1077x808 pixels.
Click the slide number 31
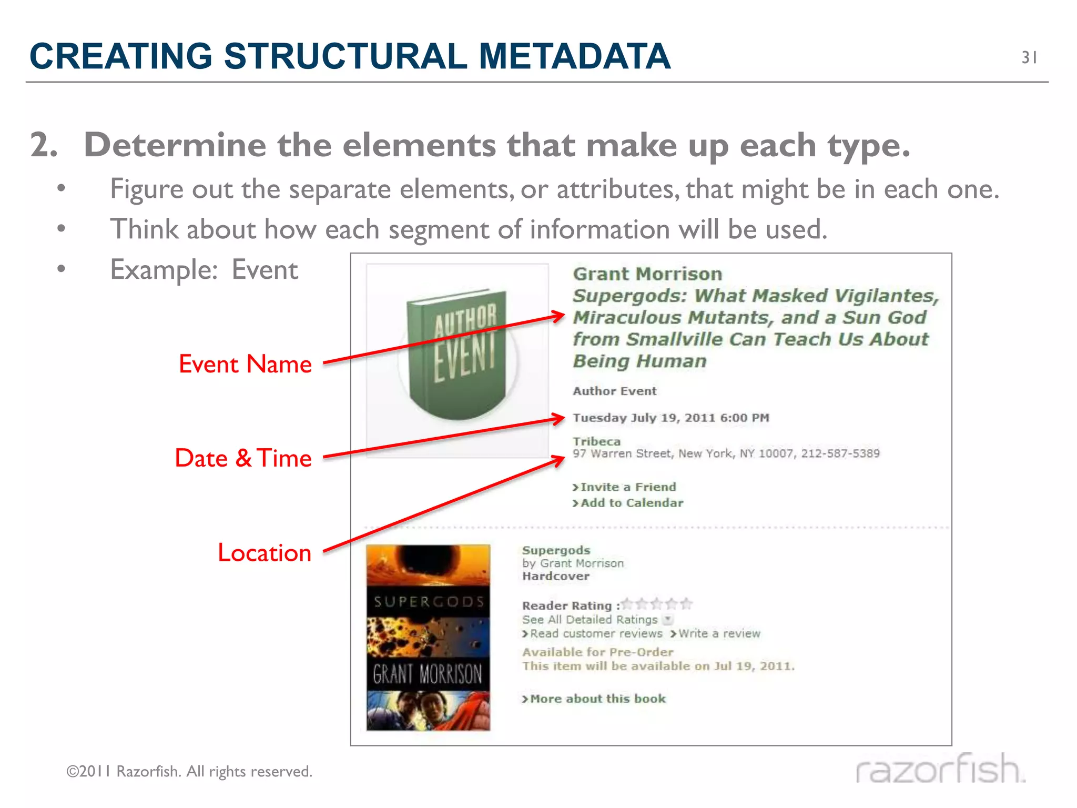pyautogui.click(x=1029, y=57)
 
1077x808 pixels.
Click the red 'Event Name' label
pyautogui.click(x=245, y=364)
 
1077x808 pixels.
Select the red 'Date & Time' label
pyautogui.click(x=243, y=458)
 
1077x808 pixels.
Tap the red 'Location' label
pyautogui.click(x=265, y=553)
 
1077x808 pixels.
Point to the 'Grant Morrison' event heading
pyautogui.click(x=647, y=274)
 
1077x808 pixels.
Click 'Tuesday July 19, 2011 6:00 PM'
pyautogui.click(x=670, y=418)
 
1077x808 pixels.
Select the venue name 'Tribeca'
pyautogui.click(x=596, y=441)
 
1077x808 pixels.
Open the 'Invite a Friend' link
pyautogui.click(x=628, y=487)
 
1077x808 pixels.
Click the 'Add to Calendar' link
pyautogui.click(x=632, y=503)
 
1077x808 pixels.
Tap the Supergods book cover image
pyautogui.click(x=428, y=638)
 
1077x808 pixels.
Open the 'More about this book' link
pyautogui.click(x=597, y=699)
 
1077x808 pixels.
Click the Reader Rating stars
pyautogui.click(x=657, y=604)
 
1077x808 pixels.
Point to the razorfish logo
pyautogui.click(x=940, y=769)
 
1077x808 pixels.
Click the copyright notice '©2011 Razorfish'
pyautogui.click(x=189, y=772)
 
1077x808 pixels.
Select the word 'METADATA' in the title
pyautogui.click(x=574, y=56)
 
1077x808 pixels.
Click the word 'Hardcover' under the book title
pyautogui.click(x=556, y=577)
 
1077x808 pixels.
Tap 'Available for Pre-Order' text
pyautogui.click(x=597, y=652)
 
